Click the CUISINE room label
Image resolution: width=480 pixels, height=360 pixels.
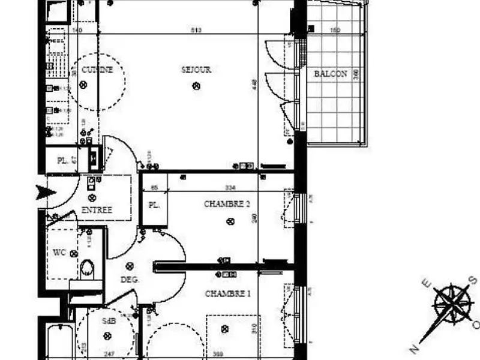click(x=97, y=70)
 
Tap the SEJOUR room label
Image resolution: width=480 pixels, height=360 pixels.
click(x=196, y=70)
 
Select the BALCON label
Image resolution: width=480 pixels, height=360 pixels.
click(x=331, y=74)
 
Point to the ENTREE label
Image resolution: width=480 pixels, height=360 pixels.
click(x=96, y=209)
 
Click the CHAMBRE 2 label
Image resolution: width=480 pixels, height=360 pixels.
click(x=227, y=204)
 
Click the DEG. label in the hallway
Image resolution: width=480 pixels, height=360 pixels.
click(x=130, y=280)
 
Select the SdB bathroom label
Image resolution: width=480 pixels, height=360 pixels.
click(x=109, y=320)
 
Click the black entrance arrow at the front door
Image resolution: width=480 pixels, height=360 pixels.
click(x=46, y=192)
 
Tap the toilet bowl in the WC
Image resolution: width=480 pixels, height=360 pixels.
click(x=88, y=268)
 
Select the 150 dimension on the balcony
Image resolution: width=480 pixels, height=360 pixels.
click(x=335, y=29)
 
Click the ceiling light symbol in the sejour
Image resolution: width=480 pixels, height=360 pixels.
click(x=196, y=86)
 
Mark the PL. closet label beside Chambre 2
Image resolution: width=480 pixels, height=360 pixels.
click(x=154, y=205)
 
